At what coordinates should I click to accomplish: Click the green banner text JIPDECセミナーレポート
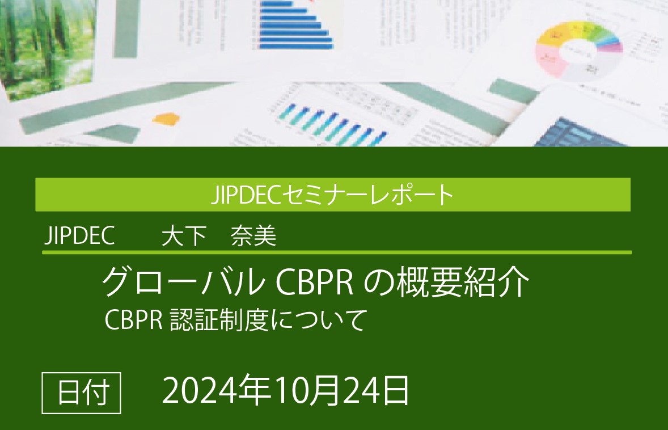(x=332, y=195)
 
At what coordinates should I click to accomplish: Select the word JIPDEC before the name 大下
(x=79, y=236)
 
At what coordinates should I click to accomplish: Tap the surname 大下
(x=183, y=237)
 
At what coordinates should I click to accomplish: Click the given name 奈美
(x=253, y=237)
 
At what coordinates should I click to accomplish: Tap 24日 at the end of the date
(x=377, y=391)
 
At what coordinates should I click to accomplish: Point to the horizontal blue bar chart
(x=295, y=26)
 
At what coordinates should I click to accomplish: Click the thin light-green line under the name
(x=336, y=252)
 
